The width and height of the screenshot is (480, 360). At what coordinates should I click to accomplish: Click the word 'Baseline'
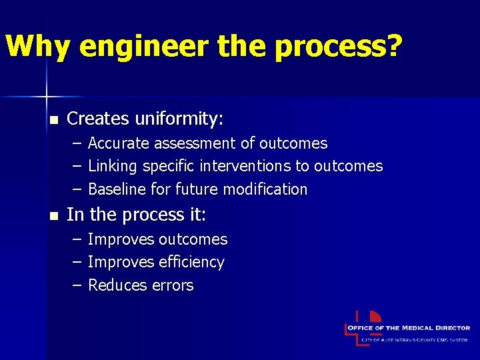[x=117, y=189]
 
